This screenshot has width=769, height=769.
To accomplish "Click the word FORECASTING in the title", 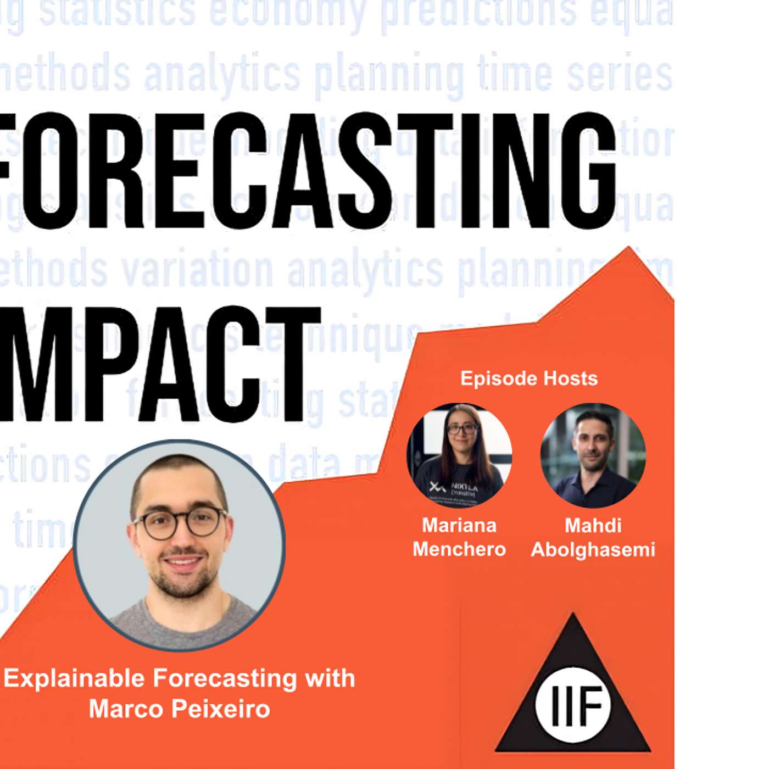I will [x=308, y=170].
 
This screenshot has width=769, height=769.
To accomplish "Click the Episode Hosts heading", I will [x=528, y=378].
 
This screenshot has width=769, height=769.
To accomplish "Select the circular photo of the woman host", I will [x=459, y=455].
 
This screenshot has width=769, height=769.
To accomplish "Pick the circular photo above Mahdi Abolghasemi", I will [x=593, y=455].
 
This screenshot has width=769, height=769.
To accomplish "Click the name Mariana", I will [x=459, y=525].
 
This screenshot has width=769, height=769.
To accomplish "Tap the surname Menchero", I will [x=459, y=549].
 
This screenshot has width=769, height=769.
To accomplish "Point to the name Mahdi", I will [x=593, y=525].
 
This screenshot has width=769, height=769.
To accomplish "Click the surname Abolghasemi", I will [x=593, y=549].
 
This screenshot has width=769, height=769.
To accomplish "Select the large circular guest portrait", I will [x=179, y=545].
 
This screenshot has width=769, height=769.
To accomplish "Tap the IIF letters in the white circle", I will [x=573, y=704].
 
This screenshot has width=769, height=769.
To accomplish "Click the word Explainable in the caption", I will [x=76, y=679].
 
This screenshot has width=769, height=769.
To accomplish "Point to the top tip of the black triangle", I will [x=573, y=615].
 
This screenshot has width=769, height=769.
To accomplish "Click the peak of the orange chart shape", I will [x=628, y=248].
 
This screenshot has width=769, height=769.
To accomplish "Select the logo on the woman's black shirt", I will [x=438, y=487].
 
